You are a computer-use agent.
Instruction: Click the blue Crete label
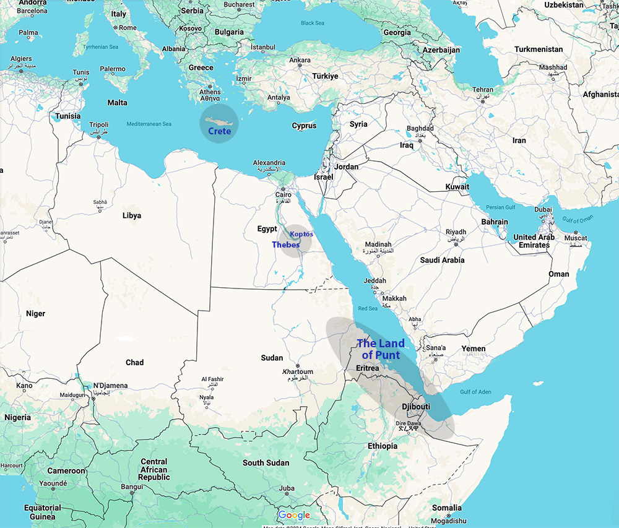pyautogui.click(x=219, y=131)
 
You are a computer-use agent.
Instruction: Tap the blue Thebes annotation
pyautogui.click(x=285, y=245)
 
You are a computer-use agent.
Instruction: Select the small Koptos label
pyautogui.click(x=301, y=234)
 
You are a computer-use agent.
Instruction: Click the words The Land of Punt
pyautogui.click(x=381, y=349)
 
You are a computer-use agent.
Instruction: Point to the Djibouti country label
pyautogui.click(x=416, y=407)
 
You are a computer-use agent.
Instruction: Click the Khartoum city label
pyautogui.click(x=298, y=372)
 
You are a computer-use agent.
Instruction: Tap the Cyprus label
pyautogui.click(x=304, y=126)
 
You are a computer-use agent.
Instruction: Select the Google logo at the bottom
pyautogui.click(x=294, y=516)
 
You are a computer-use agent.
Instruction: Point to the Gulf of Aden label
pyautogui.click(x=475, y=391)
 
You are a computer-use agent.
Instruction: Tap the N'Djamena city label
pyautogui.click(x=110, y=386)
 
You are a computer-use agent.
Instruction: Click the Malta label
pyautogui.click(x=117, y=103)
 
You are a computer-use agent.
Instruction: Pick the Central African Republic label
pyautogui.click(x=154, y=469)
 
